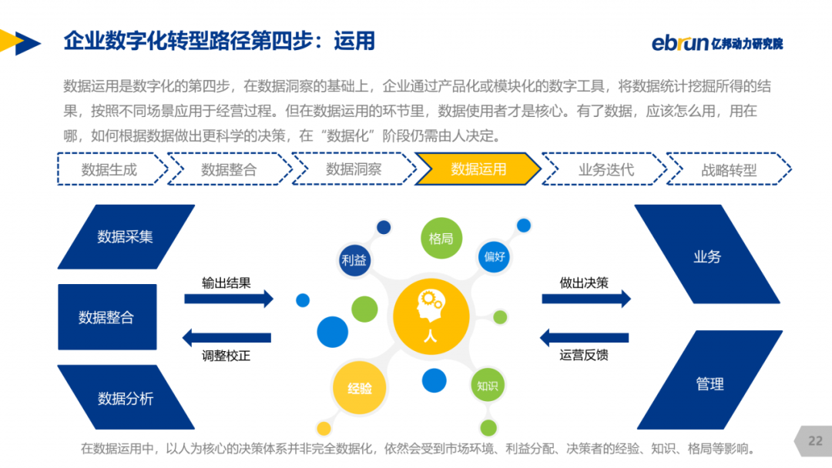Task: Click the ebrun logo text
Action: click(680, 43)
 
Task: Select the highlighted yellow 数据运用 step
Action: click(478, 169)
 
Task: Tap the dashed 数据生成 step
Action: click(112, 169)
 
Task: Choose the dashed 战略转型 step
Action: click(729, 169)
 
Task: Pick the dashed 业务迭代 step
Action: click(605, 169)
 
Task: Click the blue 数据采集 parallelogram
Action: click(126, 236)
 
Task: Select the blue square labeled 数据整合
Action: click(107, 317)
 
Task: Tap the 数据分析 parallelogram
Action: click(126, 397)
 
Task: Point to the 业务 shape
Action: click(707, 255)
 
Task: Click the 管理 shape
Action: click(710, 380)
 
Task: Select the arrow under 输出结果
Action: click(229, 299)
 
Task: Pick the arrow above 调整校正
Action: click(226, 338)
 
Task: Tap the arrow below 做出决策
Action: click(586, 299)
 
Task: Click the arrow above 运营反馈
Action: click(584, 338)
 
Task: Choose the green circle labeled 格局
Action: click(441, 239)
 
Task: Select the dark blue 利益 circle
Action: click(354, 260)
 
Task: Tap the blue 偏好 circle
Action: click(494, 257)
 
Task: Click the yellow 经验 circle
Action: click(359, 388)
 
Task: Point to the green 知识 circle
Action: click(487, 386)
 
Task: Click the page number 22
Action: click(815, 441)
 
